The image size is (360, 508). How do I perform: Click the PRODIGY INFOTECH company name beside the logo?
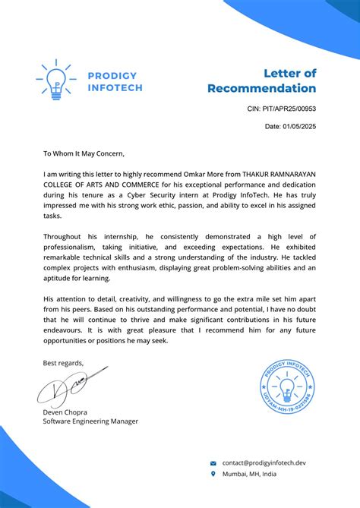[114, 81]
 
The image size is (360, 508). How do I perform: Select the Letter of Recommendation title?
[262, 81]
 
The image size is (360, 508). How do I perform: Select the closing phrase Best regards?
[63, 362]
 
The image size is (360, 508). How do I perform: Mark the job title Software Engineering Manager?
[90, 421]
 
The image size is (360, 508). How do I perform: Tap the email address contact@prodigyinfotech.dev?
[264, 462]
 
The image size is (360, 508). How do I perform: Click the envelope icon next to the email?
[213, 462]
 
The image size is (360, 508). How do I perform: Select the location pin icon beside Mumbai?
[213, 474]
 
